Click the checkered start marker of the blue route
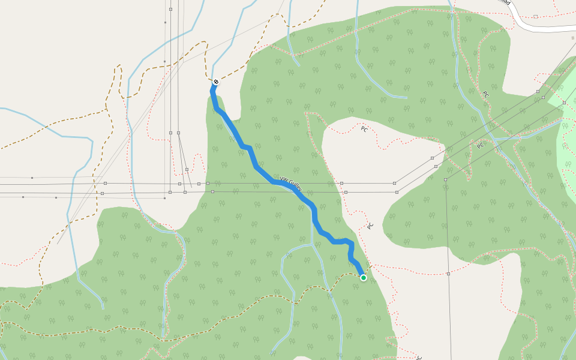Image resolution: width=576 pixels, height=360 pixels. point(216,82)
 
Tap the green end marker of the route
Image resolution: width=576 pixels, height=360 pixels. point(364,277)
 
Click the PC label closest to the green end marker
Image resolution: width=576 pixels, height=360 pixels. point(370,226)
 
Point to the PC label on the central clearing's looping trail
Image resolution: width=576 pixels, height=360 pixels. point(364,128)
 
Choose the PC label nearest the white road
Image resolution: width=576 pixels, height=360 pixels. point(485,95)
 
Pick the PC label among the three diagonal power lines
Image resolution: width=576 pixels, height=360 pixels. point(480,145)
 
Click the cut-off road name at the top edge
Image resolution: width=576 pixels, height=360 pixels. point(506,2)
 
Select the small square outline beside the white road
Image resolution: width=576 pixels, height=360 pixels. point(535,16)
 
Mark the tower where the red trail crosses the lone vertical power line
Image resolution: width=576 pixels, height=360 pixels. point(448,274)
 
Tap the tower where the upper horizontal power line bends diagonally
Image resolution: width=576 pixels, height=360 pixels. point(394,183)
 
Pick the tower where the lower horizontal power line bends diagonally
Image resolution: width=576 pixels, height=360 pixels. point(397,192)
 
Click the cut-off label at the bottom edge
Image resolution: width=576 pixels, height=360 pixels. point(419,358)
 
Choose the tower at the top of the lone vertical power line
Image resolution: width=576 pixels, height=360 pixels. point(446,179)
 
